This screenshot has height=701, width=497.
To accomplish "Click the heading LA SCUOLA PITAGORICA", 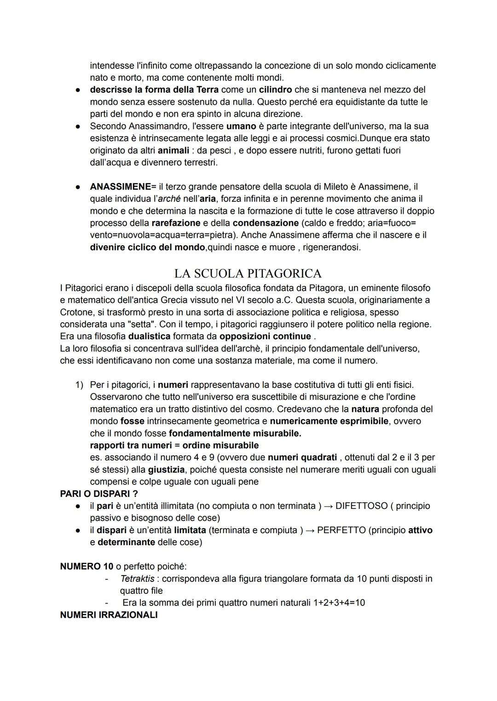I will (x=248, y=274).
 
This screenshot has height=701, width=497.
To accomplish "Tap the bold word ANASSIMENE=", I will (x=123, y=187).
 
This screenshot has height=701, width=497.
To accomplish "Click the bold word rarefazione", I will (x=176, y=223).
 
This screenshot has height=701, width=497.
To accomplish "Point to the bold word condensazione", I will (x=266, y=223).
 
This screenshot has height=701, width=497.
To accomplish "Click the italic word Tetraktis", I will (x=137, y=578).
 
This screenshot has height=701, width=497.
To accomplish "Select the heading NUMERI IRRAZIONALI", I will (x=109, y=615).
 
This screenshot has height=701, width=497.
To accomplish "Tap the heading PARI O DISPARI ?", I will (x=99, y=494).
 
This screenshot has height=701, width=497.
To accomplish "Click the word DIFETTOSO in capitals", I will (x=362, y=506).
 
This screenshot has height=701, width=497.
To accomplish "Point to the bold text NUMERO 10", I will (x=87, y=566).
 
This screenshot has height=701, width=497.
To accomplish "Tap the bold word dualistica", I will (x=149, y=336).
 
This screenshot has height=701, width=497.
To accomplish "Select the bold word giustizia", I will (x=166, y=469).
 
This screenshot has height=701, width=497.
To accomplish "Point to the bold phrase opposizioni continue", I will (x=265, y=336).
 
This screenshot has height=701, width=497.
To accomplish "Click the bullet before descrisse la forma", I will (x=78, y=90).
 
